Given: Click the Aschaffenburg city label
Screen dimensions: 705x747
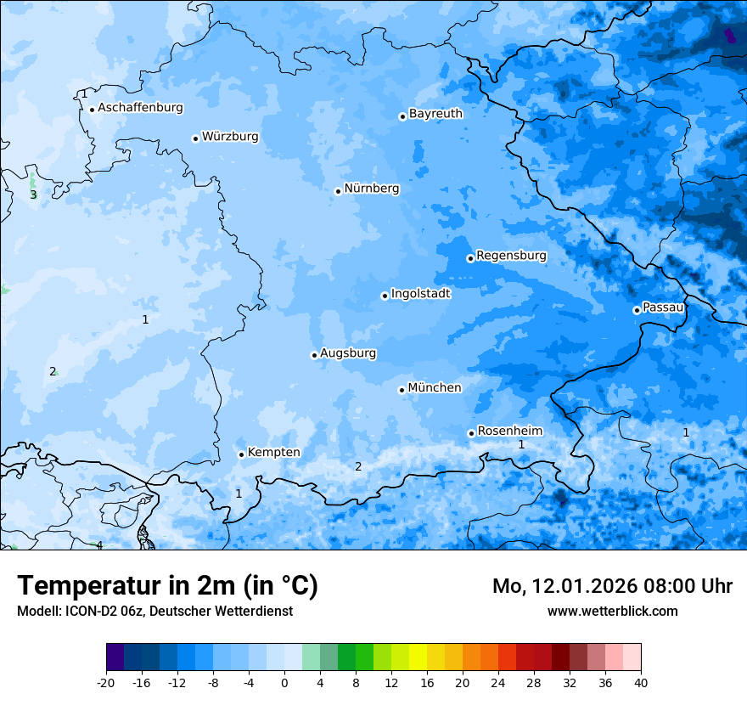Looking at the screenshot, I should tap(140, 108).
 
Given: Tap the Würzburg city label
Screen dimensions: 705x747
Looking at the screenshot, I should tap(230, 137).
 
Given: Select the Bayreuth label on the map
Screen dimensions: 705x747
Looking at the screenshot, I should tap(435, 114).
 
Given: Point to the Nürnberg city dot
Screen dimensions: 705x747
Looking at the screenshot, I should tap(338, 191).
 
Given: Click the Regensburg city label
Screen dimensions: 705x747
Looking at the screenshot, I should tap(511, 256).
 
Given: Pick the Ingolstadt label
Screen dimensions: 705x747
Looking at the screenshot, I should tap(420, 294).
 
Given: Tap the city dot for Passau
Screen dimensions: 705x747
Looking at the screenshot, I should tap(637, 310).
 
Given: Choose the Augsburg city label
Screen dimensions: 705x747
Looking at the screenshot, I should tap(348, 353).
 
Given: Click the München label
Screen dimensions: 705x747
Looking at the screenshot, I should tap(435, 388).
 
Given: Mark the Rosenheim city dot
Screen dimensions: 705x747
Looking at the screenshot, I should tap(471, 433).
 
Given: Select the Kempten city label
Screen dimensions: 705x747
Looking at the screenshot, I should tap(273, 453).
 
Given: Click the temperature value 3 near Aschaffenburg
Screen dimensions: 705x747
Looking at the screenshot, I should tap(33, 195).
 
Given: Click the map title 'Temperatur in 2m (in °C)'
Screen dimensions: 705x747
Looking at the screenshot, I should tap(168, 586).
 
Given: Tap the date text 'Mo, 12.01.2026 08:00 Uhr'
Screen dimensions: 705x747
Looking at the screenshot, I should tap(612, 586).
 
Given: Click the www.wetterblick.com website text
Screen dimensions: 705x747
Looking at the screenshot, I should tap(612, 612).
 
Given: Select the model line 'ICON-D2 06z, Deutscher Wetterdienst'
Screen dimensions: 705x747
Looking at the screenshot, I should tap(154, 612).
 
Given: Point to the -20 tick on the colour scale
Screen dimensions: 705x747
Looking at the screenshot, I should tap(106, 683).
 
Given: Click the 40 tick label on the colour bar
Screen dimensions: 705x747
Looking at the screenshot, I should tap(641, 683).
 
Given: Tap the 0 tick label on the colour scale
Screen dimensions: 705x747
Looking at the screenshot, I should tap(284, 683).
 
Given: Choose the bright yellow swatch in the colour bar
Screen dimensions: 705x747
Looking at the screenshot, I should tap(418, 657).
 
